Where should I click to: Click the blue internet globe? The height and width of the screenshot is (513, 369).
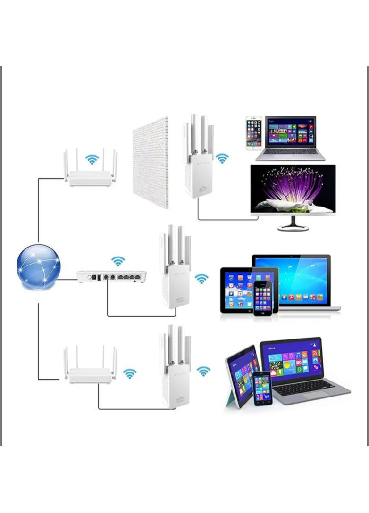39,266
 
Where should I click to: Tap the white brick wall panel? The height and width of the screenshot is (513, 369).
151,163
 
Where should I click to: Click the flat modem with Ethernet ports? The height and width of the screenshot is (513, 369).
111,276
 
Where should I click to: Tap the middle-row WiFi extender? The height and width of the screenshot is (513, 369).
175,273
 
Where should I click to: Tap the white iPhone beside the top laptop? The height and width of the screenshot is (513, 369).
253,134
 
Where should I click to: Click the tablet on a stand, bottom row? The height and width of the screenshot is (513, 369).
242,375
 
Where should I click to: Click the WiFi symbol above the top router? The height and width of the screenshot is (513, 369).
92,160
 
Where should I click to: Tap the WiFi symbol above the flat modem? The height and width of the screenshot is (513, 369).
118,261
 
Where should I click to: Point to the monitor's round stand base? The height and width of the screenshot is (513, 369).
293,227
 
